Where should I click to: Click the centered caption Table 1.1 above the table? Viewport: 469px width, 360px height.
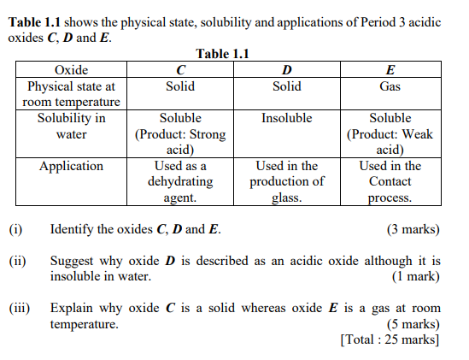[222, 55]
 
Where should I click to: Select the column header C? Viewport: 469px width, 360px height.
[180, 70]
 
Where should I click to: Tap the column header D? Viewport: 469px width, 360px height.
[286, 70]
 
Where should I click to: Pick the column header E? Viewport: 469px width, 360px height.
[390, 70]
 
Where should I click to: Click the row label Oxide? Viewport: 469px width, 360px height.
[72, 70]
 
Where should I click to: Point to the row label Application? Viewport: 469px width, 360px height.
[72, 166]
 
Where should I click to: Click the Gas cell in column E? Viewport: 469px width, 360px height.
[390, 86]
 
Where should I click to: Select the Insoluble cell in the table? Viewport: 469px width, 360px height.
[286, 118]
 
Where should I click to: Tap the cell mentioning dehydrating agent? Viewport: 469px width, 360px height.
[180, 181]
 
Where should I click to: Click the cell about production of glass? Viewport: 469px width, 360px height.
[286, 181]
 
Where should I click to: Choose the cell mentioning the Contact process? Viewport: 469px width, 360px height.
[390, 181]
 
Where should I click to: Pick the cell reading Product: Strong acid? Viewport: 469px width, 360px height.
[180, 134]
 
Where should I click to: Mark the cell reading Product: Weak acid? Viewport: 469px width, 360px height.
[390, 134]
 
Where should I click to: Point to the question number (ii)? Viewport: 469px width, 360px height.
[17, 261]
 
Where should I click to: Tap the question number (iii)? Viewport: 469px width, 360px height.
[20, 308]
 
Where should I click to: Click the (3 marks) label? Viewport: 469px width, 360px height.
[413, 229]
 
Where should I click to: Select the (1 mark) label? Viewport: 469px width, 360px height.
[416, 276]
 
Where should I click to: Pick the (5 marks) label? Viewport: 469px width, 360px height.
[413, 324]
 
